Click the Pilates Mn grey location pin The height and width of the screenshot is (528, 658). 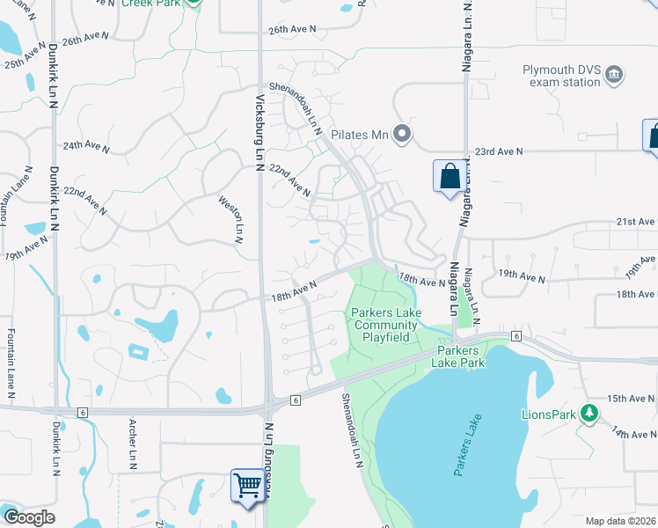click(402, 135)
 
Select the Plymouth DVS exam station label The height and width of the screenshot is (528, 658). click(562, 76)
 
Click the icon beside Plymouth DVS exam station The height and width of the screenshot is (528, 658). click(615, 76)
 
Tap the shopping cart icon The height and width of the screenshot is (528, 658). click(249, 485)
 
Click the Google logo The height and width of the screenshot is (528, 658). click(28, 517)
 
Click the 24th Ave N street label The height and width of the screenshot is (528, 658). click(85, 147)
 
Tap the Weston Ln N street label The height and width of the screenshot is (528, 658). click(238, 219)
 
